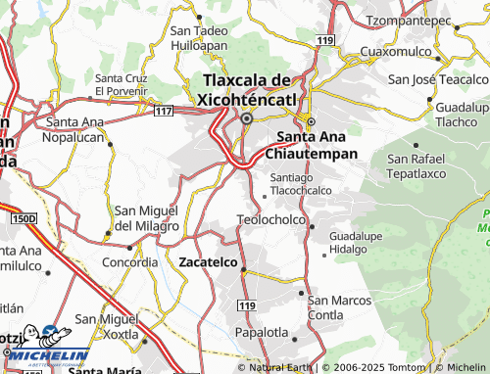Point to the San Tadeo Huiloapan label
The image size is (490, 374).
[x=199, y=37]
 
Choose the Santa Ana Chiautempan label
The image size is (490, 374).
[x=319, y=145]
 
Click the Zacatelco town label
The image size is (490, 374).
[x=208, y=261]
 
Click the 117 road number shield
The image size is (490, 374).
[x=164, y=111]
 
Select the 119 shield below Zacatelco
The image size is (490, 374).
[x=246, y=306]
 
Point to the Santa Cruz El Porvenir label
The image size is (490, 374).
[x=122, y=84]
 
